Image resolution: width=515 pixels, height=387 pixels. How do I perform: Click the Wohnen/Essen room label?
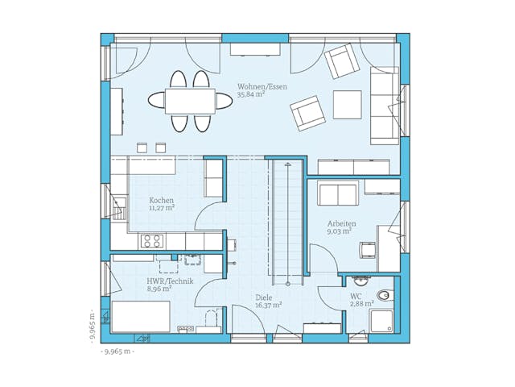point(262,86)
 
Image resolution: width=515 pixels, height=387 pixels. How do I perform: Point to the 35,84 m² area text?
point(251,94)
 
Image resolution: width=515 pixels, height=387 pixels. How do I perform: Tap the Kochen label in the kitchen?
point(161,200)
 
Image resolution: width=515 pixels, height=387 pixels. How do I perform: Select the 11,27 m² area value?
point(161,208)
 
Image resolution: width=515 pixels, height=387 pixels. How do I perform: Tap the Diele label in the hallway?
point(265,296)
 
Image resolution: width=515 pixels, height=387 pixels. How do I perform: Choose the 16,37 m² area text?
point(268,305)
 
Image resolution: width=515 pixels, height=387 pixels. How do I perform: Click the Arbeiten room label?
point(342,223)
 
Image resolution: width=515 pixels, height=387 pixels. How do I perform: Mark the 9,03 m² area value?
point(339,231)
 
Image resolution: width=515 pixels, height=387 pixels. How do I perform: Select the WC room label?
point(356,296)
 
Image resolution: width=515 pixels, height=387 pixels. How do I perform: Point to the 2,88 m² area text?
point(361,304)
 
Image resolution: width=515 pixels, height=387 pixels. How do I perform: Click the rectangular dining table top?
point(190,100)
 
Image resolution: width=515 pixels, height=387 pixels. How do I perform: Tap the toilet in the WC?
point(385,295)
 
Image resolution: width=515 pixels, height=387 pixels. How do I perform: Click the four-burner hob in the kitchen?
point(152,240)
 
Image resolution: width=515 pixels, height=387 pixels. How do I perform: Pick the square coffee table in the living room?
point(347,103)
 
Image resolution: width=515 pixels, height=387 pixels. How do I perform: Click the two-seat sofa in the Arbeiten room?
point(339,193)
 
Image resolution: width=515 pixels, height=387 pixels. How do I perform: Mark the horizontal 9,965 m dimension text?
point(117,352)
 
